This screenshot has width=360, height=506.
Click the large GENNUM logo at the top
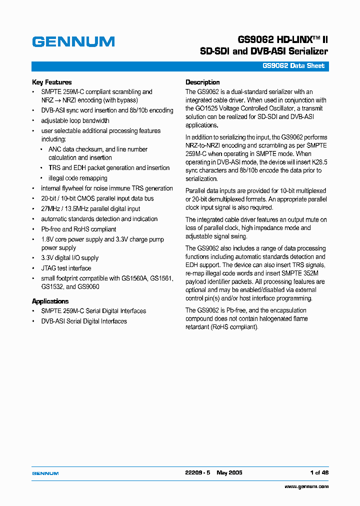pyautogui.click(x=73, y=42)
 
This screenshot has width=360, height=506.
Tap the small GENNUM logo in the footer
pyautogui.click(x=45, y=473)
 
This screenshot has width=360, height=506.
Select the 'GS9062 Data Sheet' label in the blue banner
pyautogui.click(x=294, y=66)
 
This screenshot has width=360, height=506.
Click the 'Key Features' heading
pyautogui.click(x=51, y=82)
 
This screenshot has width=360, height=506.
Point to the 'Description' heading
pyautogui.click(x=202, y=82)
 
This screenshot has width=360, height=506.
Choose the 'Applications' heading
pyautogui.click(x=50, y=301)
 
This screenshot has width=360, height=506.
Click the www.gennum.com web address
pyautogui.click(x=306, y=486)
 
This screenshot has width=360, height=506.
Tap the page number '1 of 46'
pyautogui.click(x=319, y=472)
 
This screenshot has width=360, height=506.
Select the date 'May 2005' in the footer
pyautogui.click(x=229, y=472)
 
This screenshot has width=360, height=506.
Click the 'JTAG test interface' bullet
pyautogui.click(x=66, y=268)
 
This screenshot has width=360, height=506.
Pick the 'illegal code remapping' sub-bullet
pyautogui.click(x=77, y=178)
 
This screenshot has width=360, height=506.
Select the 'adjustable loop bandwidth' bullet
pyautogui.click(x=75, y=120)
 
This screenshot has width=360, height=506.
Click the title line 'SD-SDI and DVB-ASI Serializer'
pyautogui.click(x=263, y=51)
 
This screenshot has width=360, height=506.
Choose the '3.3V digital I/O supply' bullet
pyautogui.click(x=69, y=258)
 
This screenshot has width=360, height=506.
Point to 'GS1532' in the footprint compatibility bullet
pyautogui.click(x=52, y=287)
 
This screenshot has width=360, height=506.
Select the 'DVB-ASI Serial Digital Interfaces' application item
pyautogui.click(x=84, y=321)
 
